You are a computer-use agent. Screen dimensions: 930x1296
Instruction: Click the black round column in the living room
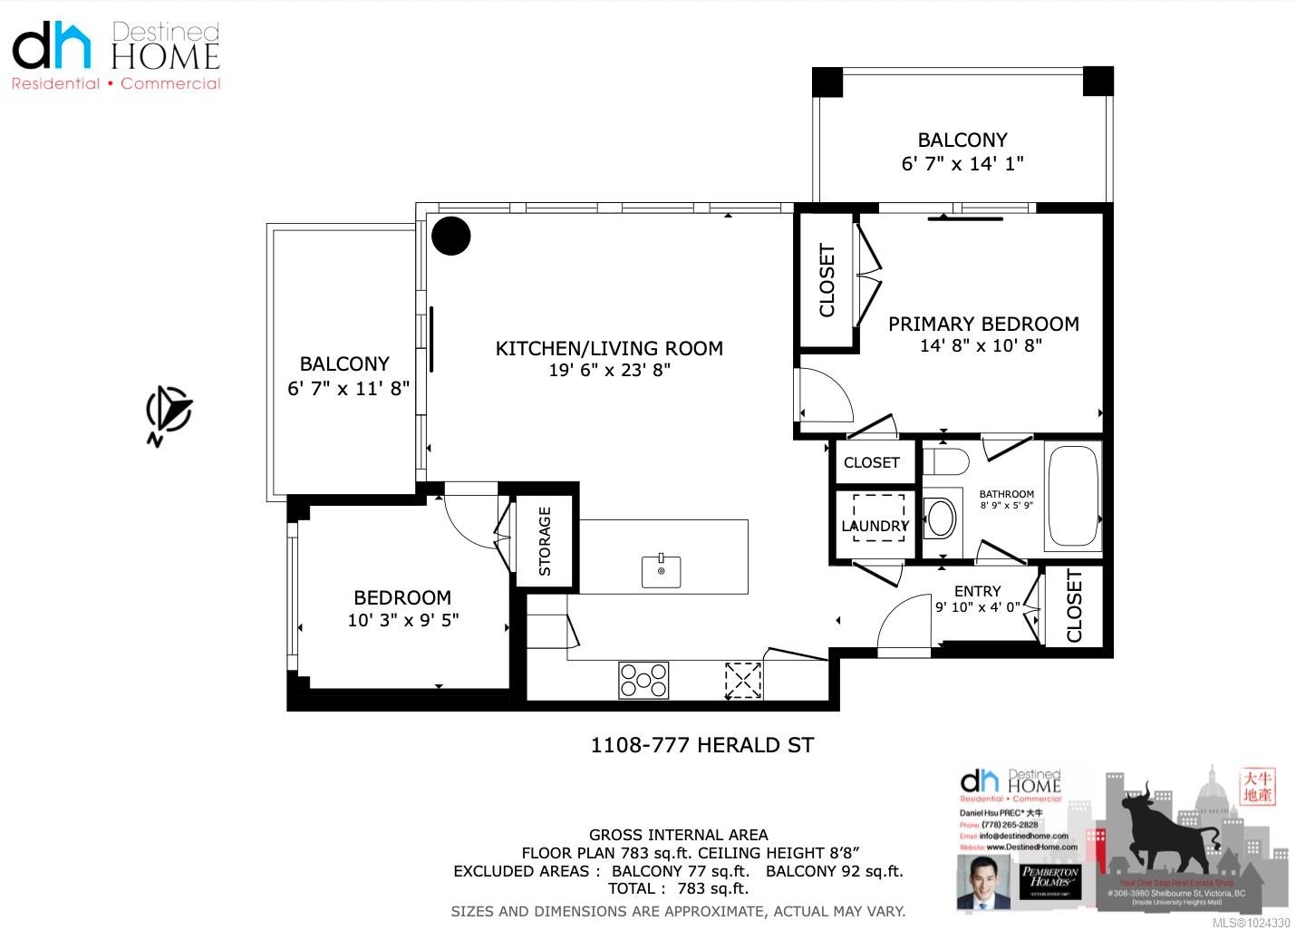(450, 237)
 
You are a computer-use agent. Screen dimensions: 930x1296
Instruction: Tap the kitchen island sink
(662, 571)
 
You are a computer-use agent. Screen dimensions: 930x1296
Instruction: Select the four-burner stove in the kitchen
(643, 681)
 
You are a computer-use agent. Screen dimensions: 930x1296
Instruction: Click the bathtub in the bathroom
(1073, 496)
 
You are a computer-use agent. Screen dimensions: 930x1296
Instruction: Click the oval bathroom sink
(942, 518)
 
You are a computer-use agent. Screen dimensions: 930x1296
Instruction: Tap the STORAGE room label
(545, 541)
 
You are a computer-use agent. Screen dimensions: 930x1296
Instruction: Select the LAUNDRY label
(875, 526)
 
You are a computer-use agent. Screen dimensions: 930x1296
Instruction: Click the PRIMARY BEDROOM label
(983, 324)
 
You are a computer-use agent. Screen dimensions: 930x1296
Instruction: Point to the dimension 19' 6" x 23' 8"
(609, 370)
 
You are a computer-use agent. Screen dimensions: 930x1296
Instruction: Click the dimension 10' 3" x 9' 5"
(403, 620)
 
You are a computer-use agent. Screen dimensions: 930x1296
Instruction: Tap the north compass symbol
(169, 413)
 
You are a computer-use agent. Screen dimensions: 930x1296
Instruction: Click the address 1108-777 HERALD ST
(702, 745)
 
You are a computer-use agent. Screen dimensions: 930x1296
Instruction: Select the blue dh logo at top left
(52, 46)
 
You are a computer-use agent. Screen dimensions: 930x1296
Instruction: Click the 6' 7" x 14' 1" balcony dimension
(962, 163)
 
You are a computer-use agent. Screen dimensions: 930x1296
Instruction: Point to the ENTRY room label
(977, 591)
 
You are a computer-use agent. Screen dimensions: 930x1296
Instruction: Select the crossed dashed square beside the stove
(743, 681)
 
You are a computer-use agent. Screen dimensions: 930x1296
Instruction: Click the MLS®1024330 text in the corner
(1252, 922)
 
